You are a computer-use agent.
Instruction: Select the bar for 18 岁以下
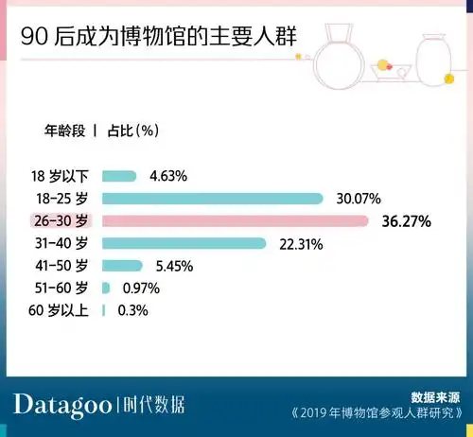[x=119, y=176]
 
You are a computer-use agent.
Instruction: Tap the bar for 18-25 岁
[x=213, y=199]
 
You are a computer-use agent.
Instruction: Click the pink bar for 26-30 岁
[x=235, y=221]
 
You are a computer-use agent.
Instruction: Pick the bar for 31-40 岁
[x=184, y=244]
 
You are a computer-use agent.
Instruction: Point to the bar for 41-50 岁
[x=122, y=266]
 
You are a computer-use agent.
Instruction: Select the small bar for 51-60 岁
[x=106, y=288]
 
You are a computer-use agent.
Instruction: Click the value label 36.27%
[x=404, y=222]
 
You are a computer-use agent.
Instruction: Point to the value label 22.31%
[x=301, y=244]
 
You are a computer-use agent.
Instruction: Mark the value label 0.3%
[x=133, y=310]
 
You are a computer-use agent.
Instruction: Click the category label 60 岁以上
[x=61, y=310]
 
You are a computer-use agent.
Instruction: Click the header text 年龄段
[x=65, y=130]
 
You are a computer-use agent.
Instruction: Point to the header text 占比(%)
[x=133, y=130]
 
